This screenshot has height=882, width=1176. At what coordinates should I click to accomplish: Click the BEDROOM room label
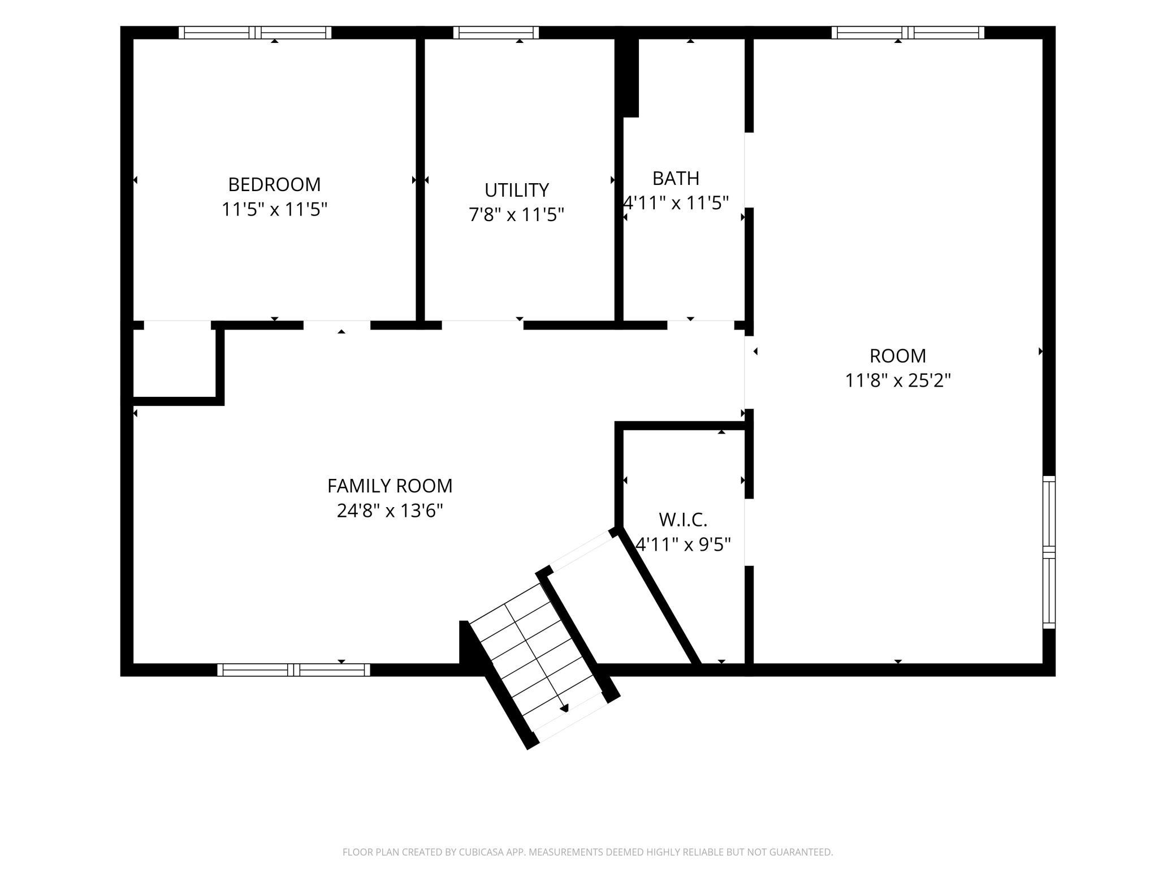[274, 184]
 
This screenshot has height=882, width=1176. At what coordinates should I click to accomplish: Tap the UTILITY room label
[516, 190]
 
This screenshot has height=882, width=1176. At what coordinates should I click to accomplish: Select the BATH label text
[676, 178]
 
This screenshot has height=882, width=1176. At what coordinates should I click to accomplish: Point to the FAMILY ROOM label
[390, 486]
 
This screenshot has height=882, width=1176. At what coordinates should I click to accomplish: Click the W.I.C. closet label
[683, 520]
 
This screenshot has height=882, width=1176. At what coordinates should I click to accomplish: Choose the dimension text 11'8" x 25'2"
[898, 381]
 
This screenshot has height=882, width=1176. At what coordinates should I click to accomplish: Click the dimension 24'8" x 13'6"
[390, 511]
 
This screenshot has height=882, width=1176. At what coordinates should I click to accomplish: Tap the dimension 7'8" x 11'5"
[516, 215]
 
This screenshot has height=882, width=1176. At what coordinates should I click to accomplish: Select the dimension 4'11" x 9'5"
[683, 544]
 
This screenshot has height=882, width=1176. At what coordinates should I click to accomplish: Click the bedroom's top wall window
[255, 33]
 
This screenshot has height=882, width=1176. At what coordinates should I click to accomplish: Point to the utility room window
[496, 33]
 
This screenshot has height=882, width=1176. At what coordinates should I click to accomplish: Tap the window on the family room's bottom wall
[293, 670]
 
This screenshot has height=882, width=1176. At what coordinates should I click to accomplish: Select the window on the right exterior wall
[1049, 552]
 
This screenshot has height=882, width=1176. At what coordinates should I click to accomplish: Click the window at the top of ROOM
[907, 33]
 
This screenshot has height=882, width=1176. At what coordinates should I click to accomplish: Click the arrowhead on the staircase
[564, 708]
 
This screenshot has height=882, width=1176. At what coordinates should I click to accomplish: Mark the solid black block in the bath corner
[628, 77]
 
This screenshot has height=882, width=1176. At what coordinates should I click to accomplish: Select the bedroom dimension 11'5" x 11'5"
[274, 210]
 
